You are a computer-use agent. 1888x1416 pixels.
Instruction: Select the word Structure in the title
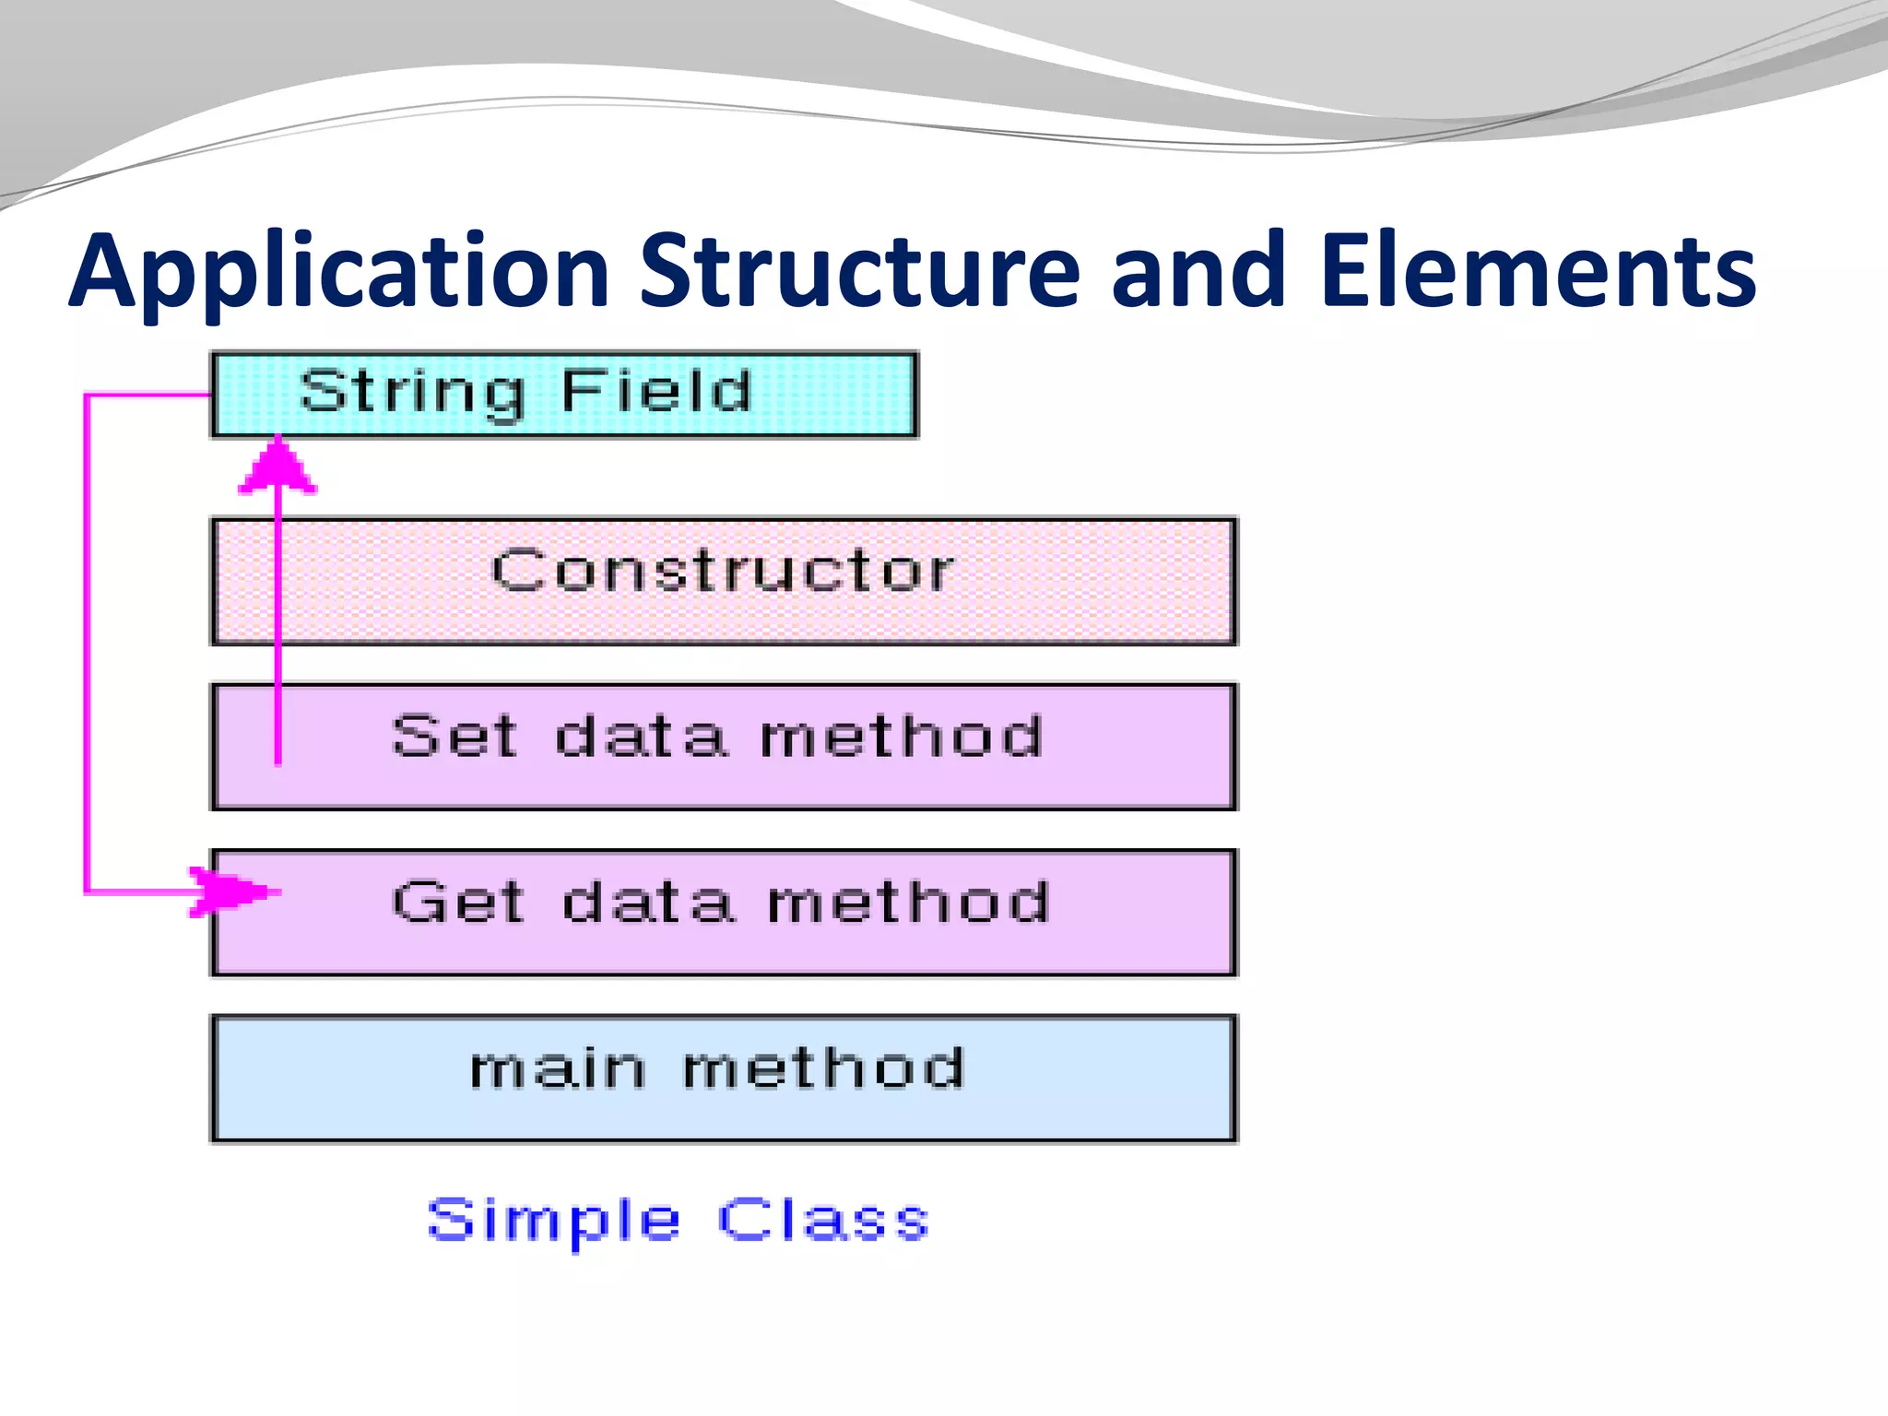859,271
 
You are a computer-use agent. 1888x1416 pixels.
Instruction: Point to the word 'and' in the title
1197,271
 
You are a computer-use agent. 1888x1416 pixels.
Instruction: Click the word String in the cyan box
411,392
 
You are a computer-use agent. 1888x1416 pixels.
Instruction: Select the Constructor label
723,571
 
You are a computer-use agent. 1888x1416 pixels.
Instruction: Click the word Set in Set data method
454,737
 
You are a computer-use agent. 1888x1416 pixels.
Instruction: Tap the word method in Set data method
901,737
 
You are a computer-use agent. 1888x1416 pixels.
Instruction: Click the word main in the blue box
557,1069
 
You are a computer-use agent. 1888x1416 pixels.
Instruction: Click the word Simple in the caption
554,1221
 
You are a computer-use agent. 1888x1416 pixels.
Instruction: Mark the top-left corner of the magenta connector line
86,395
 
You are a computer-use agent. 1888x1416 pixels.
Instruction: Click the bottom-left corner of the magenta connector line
86,891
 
